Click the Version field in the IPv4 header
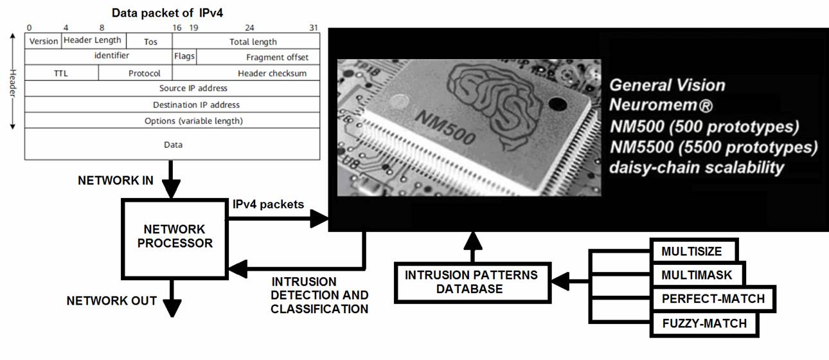click(x=44, y=41)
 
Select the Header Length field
click(x=93, y=40)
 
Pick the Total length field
click(x=253, y=41)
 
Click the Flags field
click(x=184, y=57)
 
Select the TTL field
click(x=60, y=73)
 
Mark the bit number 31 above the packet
click(x=314, y=28)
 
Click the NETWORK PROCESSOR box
click(x=175, y=237)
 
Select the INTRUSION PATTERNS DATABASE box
click(x=470, y=282)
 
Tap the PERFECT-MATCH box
click(x=713, y=299)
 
